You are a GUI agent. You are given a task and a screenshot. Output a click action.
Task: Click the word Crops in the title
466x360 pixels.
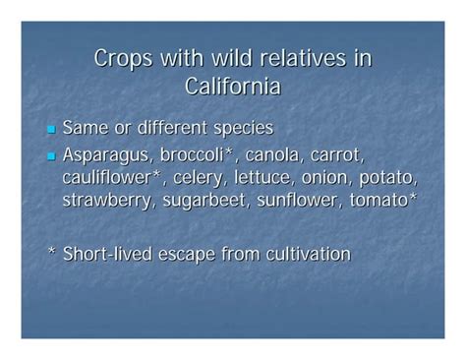pos(123,59)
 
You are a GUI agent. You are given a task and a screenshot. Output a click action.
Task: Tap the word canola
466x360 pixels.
pos(280,154)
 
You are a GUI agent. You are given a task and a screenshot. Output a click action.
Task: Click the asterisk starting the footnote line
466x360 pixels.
pos(51,253)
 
